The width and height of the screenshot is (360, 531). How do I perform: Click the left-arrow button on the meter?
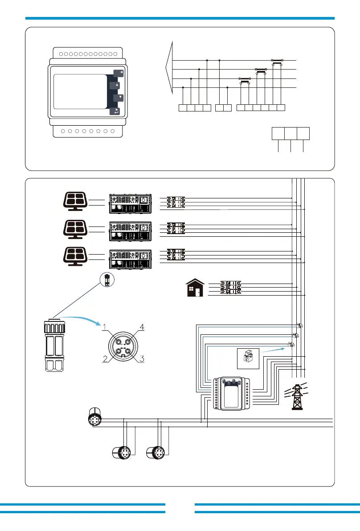click(118, 74)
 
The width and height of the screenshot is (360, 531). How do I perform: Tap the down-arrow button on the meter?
click(118, 98)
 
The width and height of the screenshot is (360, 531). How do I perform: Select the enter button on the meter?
click(116, 111)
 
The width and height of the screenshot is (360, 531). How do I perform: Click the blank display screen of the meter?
click(80, 92)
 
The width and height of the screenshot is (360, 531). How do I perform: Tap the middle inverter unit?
click(131, 230)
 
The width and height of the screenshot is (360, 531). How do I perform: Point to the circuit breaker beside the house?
click(230, 288)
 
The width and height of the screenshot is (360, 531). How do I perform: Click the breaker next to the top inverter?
click(176, 202)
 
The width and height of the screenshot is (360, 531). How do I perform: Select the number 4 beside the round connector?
click(142, 328)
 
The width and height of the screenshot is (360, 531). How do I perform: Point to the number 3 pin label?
click(141, 358)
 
